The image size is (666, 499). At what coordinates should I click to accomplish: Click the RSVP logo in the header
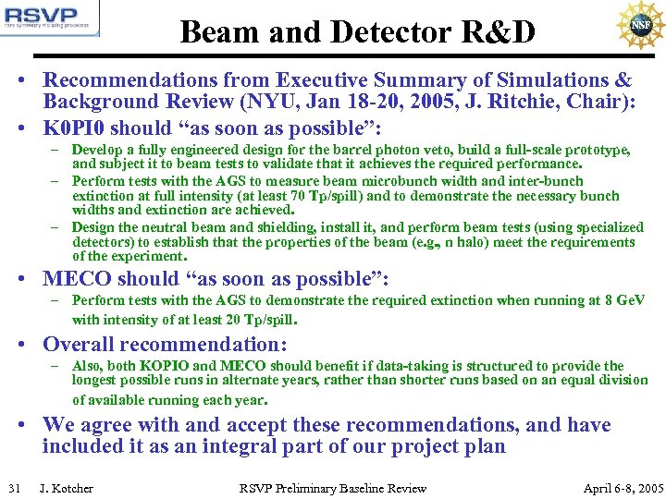click(x=50, y=19)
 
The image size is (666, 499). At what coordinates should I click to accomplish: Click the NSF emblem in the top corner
click(x=637, y=25)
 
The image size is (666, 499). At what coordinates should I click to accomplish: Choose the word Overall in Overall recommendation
click(x=83, y=345)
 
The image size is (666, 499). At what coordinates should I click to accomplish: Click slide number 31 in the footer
click(x=14, y=488)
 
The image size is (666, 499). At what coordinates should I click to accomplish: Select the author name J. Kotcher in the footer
click(x=66, y=488)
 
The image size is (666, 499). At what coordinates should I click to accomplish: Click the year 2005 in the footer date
click(x=648, y=488)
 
